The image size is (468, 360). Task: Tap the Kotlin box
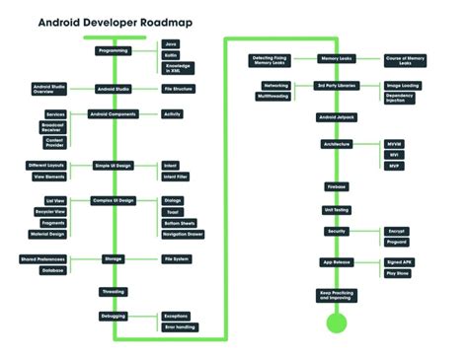tap(172, 55)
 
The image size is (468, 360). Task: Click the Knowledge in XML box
tap(178, 68)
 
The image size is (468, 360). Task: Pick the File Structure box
tap(178, 89)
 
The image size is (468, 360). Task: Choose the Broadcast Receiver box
tap(55, 127)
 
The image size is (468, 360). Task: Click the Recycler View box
tap(49, 211)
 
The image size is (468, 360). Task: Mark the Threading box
tap(113, 291)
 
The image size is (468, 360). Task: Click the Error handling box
tap(180, 326)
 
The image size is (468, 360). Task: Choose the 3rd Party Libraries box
tap(337, 86)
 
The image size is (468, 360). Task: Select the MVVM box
tap(395, 144)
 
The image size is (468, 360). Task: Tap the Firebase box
tap(337, 185)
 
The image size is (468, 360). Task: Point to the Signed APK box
tap(398, 262)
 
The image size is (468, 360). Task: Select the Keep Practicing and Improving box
tap(337, 295)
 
